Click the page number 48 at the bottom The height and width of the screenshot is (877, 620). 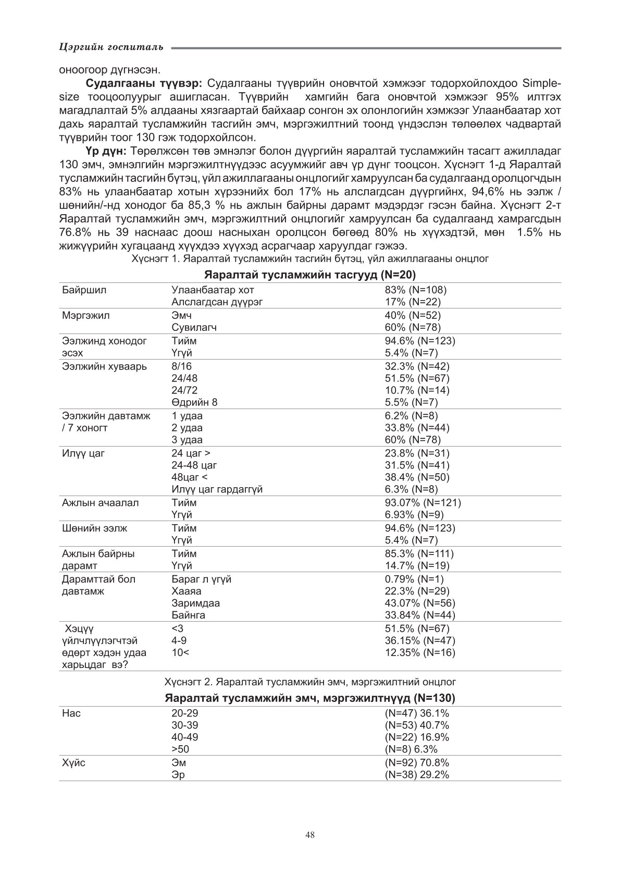point(310,835)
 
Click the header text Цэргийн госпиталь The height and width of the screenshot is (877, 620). point(111,47)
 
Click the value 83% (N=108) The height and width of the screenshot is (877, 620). point(415,290)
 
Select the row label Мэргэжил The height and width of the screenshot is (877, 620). point(85,315)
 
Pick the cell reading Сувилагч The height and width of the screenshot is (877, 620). point(194,327)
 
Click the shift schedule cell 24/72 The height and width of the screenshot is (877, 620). point(184,390)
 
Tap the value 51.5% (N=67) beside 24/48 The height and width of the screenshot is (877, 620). point(417,378)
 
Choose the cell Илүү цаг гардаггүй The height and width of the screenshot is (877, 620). point(217,489)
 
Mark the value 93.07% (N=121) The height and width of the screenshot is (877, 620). point(423,503)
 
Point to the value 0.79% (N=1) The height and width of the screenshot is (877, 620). point(414,579)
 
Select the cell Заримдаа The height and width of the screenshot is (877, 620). point(195,603)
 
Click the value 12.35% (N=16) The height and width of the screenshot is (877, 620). point(419,652)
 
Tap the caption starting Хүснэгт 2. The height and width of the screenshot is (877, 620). point(310,681)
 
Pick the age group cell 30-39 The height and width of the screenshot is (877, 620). point(185,725)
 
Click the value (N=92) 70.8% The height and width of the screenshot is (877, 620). point(417,763)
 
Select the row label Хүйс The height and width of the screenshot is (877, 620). point(73,763)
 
